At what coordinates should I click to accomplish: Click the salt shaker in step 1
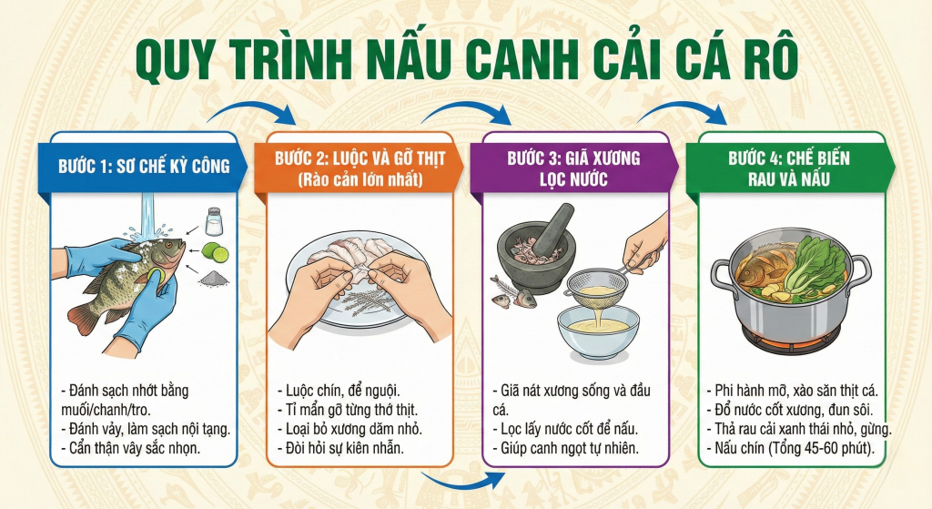pyautogui.click(x=214, y=222)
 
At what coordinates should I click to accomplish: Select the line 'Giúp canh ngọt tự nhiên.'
pyautogui.click(x=568, y=448)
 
